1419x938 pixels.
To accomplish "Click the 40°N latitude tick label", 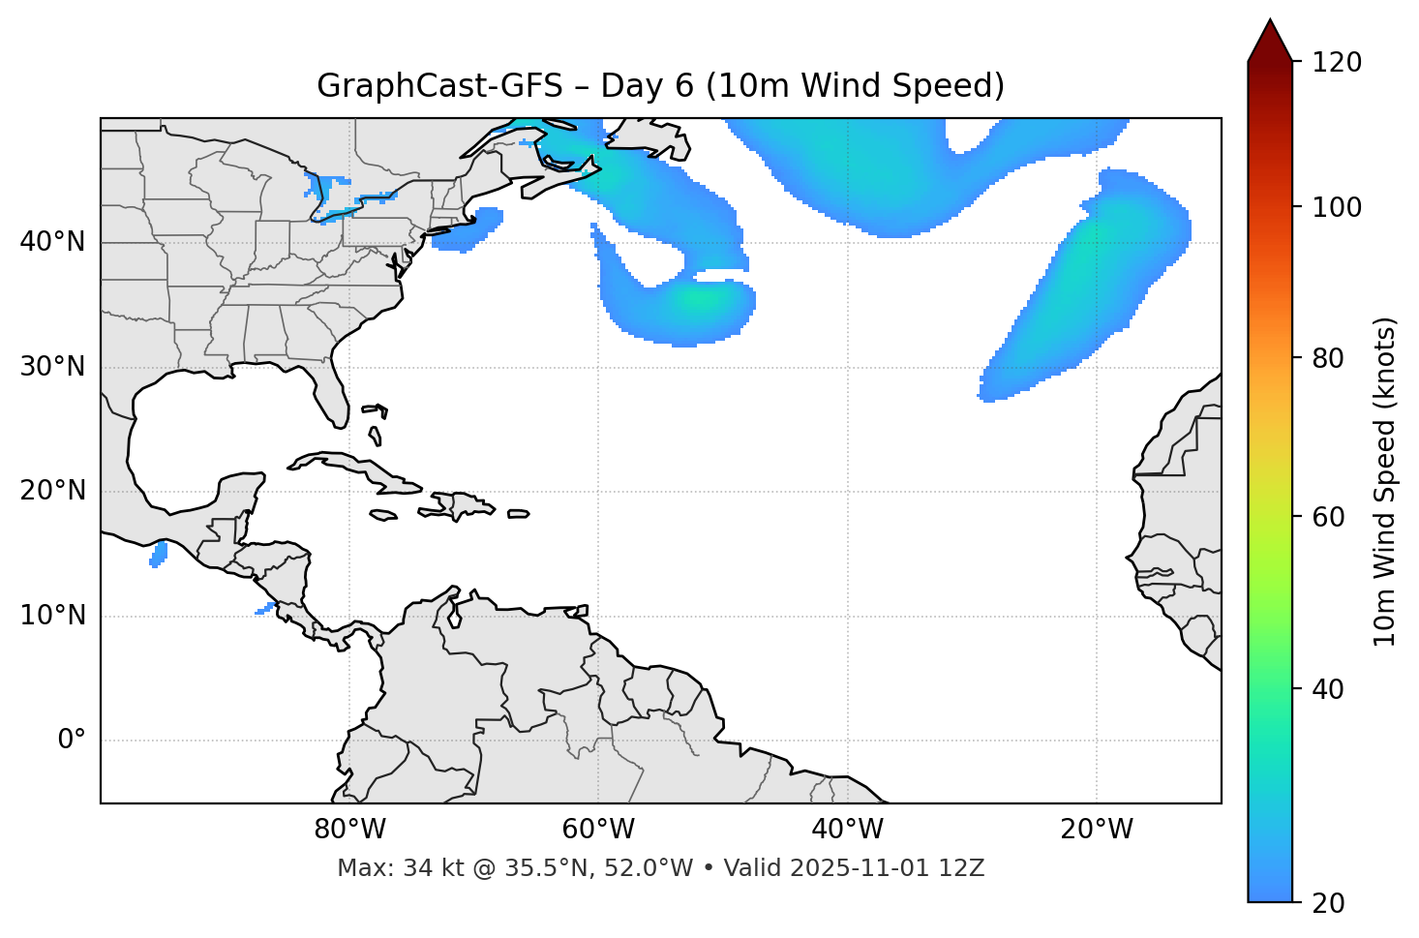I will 52,242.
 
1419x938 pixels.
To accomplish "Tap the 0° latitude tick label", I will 72,741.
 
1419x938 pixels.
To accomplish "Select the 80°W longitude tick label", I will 349,830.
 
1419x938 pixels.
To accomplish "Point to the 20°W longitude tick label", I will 1097,830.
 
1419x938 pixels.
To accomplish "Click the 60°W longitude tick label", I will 598,830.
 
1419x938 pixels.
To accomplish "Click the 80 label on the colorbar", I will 1335,358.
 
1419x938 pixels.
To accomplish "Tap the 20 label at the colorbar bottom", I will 1327,903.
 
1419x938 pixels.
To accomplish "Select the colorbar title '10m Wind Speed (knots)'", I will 1385,481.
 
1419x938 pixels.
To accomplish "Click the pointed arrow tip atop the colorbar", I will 1270,21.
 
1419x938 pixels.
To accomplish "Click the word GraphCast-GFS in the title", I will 439,86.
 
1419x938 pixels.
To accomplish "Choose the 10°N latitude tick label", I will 52,616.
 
